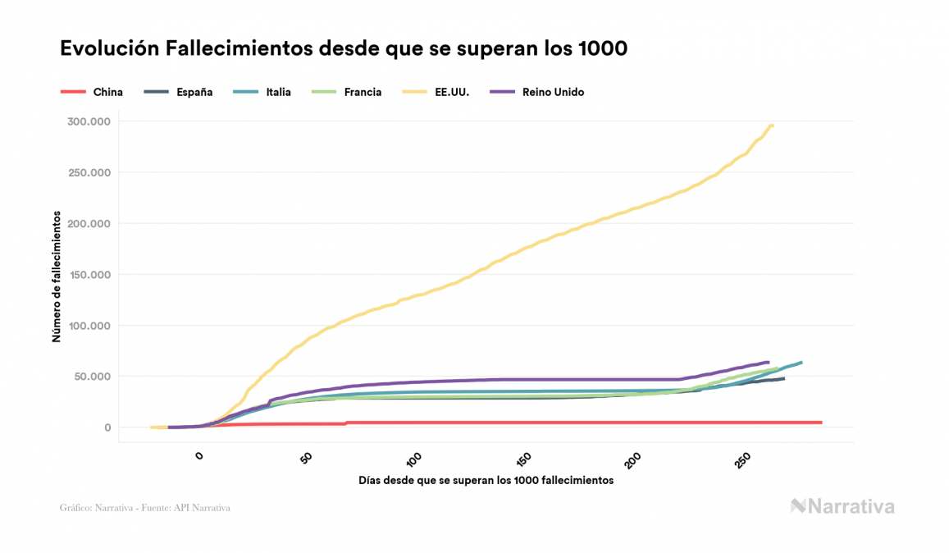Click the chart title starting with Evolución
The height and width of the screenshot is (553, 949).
click(x=344, y=49)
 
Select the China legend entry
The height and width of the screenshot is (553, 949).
click(x=107, y=92)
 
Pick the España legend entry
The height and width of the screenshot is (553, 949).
click(x=194, y=92)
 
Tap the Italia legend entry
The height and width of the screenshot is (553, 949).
click(x=278, y=92)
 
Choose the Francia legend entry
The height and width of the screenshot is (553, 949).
click(x=363, y=92)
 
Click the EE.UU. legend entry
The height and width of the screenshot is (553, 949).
click(x=451, y=92)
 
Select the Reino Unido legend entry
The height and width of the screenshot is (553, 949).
click(x=553, y=92)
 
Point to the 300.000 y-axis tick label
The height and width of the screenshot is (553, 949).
click(x=89, y=121)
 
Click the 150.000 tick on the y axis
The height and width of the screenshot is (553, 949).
click(x=89, y=274)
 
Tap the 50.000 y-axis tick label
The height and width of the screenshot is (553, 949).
click(x=93, y=377)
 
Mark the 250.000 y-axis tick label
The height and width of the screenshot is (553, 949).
click(x=89, y=172)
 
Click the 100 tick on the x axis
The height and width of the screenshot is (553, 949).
click(x=413, y=458)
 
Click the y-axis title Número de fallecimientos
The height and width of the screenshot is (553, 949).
click(x=57, y=276)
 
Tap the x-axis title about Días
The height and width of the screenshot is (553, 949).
click(x=486, y=481)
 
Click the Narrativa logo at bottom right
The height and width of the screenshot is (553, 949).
click(x=842, y=506)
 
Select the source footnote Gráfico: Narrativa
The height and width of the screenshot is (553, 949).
click(x=144, y=508)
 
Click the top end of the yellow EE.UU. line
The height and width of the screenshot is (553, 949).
click(x=773, y=126)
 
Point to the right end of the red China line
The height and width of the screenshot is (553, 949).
click(x=820, y=423)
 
